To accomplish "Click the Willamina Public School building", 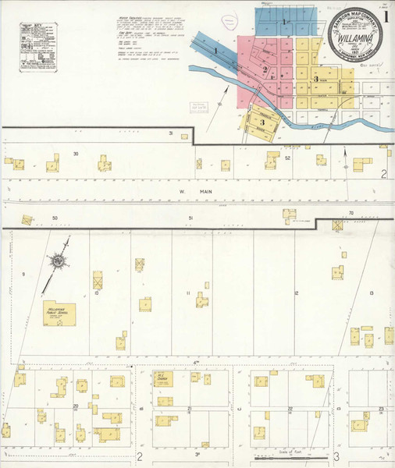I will click(60, 314).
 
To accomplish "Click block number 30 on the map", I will click(76, 154).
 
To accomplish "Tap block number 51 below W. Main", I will click(190, 218).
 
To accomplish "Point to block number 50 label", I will click(55, 218).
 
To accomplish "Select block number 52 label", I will click(287, 158).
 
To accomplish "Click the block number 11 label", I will click(188, 292).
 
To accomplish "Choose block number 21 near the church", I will click(190, 409).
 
